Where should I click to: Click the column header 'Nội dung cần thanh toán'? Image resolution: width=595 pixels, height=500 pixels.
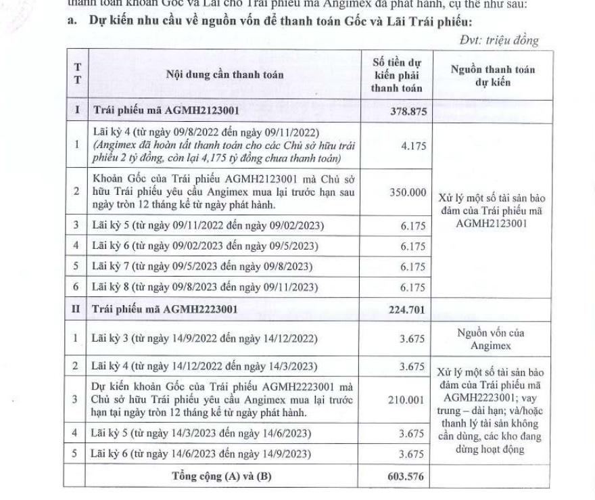pos(224,74)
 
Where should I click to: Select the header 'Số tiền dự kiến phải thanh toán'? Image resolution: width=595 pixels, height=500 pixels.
pos(397,74)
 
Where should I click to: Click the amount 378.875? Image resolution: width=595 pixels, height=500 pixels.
pos(408,112)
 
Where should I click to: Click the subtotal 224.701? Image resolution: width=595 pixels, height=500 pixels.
pos(408,310)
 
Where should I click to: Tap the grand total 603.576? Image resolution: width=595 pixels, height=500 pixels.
pos(408,476)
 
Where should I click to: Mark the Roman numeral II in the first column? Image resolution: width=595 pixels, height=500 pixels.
pos(77,310)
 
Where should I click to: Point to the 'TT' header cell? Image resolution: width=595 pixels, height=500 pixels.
pos(77,74)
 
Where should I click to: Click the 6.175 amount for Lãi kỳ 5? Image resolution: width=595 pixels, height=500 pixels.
pos(412,225)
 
